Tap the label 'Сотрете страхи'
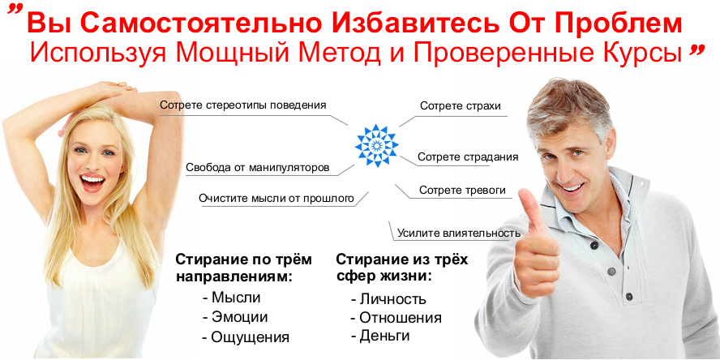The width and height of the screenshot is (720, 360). (460, 106)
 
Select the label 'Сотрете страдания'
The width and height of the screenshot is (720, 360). (468, 156)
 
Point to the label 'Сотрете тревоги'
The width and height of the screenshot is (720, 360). (462, 191)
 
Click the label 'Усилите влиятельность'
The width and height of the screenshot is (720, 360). (458, 234)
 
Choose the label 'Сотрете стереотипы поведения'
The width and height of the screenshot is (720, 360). (243, 105)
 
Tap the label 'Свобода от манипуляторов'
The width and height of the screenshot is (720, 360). (257, 169)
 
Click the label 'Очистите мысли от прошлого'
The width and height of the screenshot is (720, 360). (276, 198)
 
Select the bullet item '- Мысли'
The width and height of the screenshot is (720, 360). (231, 298)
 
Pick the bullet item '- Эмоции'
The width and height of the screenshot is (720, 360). (235, 317)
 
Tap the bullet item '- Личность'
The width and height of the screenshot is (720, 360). (388, 299)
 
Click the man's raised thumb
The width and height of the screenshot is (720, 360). (534, 212)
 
